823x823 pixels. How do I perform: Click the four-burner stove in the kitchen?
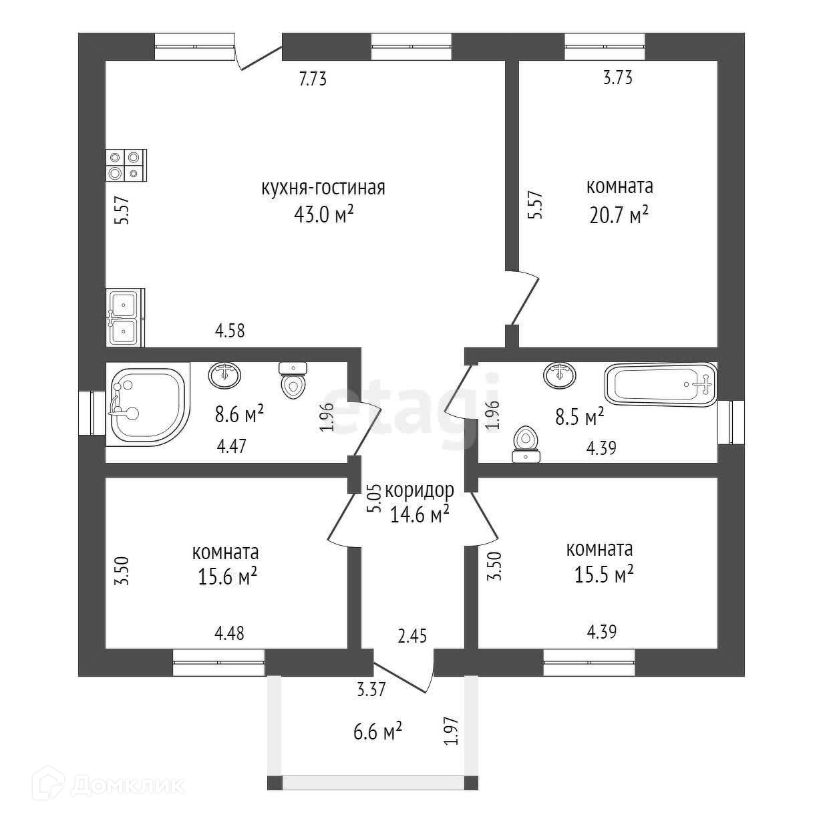126,164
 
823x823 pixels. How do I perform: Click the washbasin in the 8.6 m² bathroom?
224,374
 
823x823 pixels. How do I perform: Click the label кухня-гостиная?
323,188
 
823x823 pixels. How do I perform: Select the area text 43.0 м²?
323,214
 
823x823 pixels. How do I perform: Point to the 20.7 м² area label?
619,214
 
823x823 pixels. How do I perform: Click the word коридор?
420,490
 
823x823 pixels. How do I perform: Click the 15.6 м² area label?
227,576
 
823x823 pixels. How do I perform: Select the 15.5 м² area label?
603,574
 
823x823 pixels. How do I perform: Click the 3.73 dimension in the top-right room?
617,77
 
